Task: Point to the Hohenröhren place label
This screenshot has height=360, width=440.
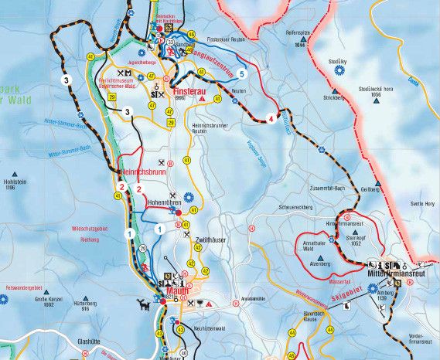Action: (164, 202)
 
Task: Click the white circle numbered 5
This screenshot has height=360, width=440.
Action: (242, 73)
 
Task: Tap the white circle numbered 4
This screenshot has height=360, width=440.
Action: (271, 118)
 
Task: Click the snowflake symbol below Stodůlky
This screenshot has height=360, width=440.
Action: (338, 70)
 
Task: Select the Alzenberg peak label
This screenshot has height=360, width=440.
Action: (320, 263)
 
